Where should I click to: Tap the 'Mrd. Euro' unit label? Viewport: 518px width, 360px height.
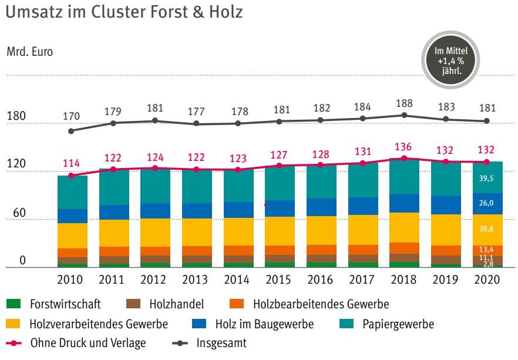(x=29, y=52)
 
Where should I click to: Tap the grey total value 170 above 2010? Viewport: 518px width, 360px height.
(x=72, y=116)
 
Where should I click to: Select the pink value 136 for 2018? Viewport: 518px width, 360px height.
(x=404, y=147)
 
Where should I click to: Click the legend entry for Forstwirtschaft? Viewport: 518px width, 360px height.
(x=65, y=304)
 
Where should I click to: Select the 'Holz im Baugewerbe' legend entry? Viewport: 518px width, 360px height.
(x=264, y=324)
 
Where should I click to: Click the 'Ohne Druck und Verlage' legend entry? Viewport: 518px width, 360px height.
(x=88, y=343)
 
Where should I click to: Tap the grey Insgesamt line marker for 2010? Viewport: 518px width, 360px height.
(x=71, y=131)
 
